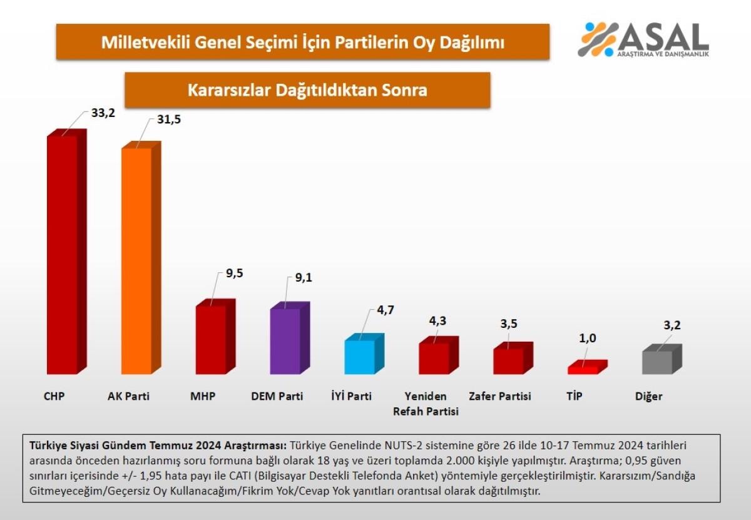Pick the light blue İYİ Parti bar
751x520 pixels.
pyautogui.click(x=360, y=357)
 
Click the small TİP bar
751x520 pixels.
pyautogui.click(x=583, y=369)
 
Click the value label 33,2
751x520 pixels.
pyautogui.click(x=103, y=114)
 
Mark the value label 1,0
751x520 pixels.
pyautogui.click(x=587, y=339)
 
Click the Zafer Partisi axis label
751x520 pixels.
pyautogui.click(x=500, y=396)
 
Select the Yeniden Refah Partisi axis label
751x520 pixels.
pyautogui.click(x=426, y=404)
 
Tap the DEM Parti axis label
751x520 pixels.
pyautogui.click(x=277, y=396)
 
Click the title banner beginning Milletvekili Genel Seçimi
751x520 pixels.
pyautogui.click(x=303, y=42)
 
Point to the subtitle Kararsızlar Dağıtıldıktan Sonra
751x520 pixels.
pyautogui.click(x=307, y=90)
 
